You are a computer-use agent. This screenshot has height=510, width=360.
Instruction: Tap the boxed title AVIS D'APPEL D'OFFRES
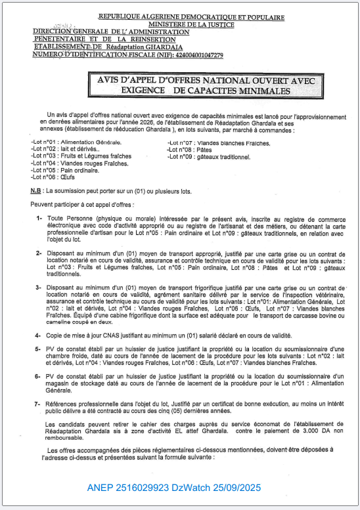[202, 85]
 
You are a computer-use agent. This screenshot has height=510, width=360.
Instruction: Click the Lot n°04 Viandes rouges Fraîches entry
[79, 163]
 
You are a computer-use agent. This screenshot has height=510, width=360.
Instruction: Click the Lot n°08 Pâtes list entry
[191, 150]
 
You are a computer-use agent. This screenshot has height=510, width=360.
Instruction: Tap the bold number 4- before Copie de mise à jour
[39, 335]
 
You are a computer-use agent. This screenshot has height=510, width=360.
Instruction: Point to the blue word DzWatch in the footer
[191, 488]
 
